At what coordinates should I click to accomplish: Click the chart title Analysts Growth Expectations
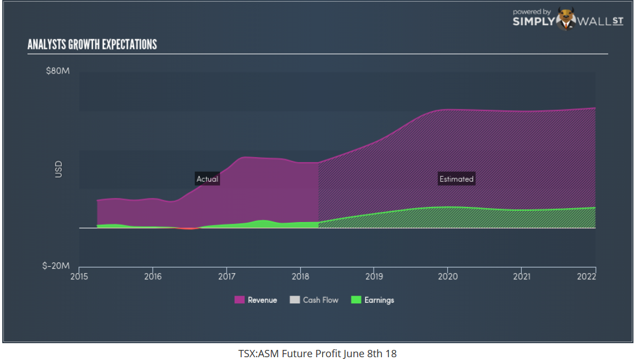click(x=92, y=45)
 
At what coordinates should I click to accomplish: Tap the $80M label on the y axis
click(x=58, y=71)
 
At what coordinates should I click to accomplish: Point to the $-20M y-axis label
click(x=57, y=265)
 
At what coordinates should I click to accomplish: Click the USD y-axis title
click(x=58, y=169)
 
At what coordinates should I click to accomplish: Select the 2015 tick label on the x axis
click(x=79, y=276)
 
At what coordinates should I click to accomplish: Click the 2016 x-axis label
click(x=153, y=276)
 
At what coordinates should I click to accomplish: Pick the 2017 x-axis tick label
click(x=226, y=276)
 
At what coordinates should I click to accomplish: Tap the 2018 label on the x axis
click(x=300, y=276)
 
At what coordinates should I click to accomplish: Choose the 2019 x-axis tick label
click(x=374, y=276)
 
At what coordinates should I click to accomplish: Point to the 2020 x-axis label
click(x=447, y=276)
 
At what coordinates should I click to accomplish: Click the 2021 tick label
click(x=521, y=276)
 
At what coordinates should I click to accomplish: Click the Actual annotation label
click(x=207, y=179)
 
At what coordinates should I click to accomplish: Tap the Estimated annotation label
click(x=456, y=179)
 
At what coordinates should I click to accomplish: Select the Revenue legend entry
click(x=256, y=300)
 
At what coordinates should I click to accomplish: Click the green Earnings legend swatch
click(x=355, y=300)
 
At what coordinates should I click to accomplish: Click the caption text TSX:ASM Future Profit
click(x=317, y=353)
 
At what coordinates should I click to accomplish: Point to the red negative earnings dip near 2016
click(x=189, y=228)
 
